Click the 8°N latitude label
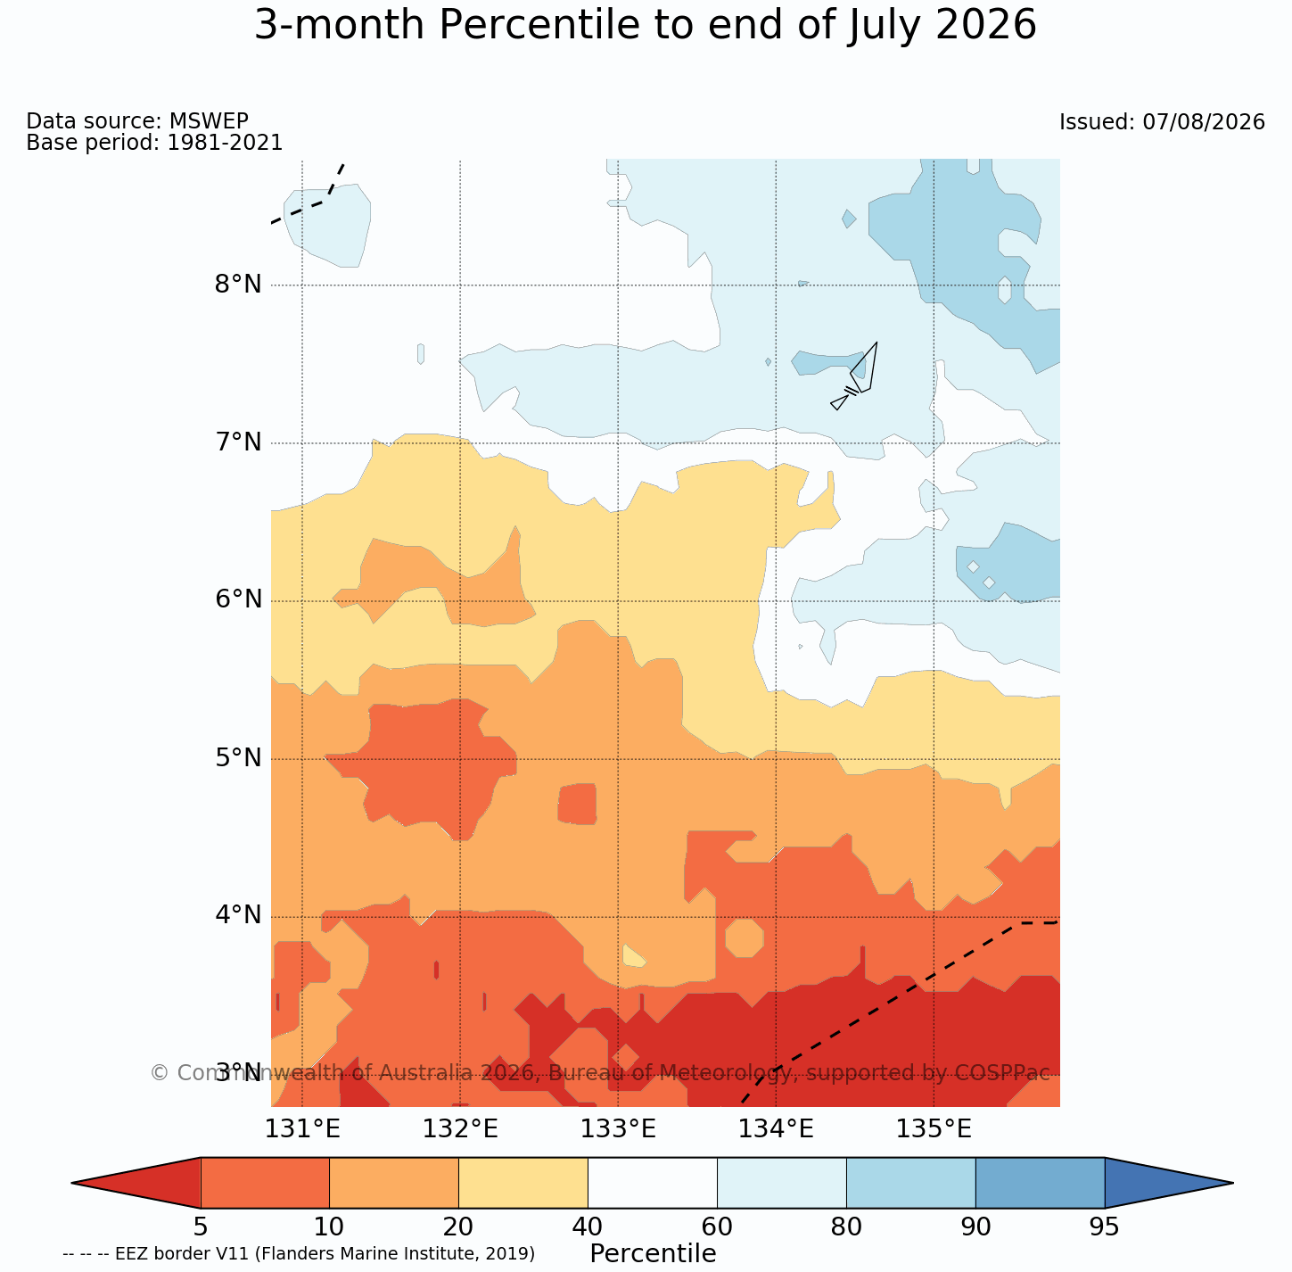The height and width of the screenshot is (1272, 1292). [x=238, y=285]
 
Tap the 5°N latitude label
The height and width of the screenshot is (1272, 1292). [x=238, y=758]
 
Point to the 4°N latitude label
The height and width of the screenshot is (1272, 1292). [x=238, y=915]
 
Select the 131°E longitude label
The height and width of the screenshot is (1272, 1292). [x=302, y=1129]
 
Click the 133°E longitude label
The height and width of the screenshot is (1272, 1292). [x=618, y=1129]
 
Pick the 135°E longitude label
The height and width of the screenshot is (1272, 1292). [x=934, y=1129]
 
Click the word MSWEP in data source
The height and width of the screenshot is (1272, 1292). [x=209, y=120]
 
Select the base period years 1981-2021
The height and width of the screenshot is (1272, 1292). [x=225, y=143]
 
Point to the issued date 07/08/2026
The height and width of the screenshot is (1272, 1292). [x=1204, y=122]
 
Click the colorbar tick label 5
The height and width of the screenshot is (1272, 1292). [x=200, y=1227]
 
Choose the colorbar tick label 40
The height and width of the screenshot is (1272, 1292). [x=588, y=1227]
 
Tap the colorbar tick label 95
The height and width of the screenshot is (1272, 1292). [x=1104, y=1227]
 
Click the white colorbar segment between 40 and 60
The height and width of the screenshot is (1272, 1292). [x=653, y=1183]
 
